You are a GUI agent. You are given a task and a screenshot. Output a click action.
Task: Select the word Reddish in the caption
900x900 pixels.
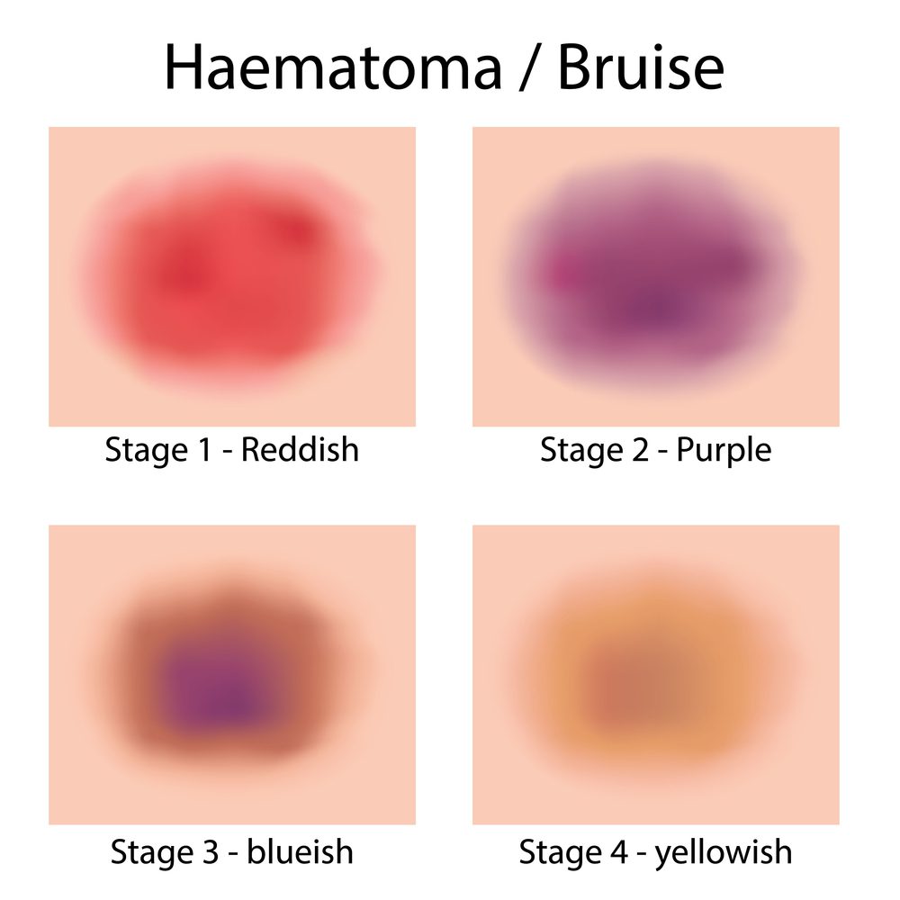[301, 449]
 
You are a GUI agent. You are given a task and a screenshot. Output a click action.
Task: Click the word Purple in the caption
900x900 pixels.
[724, 449]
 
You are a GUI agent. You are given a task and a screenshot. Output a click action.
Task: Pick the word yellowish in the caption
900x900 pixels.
[724, 850]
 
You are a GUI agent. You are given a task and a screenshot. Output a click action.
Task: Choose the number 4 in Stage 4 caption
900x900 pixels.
[618, 850]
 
